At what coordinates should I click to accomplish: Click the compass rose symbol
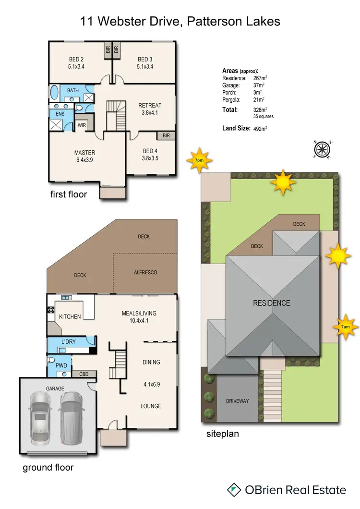coord(322,149)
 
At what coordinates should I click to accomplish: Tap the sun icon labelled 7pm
coord(199,161)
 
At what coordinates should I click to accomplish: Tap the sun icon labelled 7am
coord(344,327)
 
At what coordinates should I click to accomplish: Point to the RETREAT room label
coord(150,105)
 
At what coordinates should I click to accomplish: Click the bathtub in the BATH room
coord(54,92)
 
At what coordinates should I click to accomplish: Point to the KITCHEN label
coord(70,316)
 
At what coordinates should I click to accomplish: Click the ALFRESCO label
coord(145,272)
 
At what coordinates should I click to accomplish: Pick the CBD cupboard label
coord(83,374)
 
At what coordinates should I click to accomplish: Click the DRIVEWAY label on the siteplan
coord(238,400)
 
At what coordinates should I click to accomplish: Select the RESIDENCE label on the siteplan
coord(272,303)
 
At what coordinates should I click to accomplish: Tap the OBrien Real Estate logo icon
coord(234,490)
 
